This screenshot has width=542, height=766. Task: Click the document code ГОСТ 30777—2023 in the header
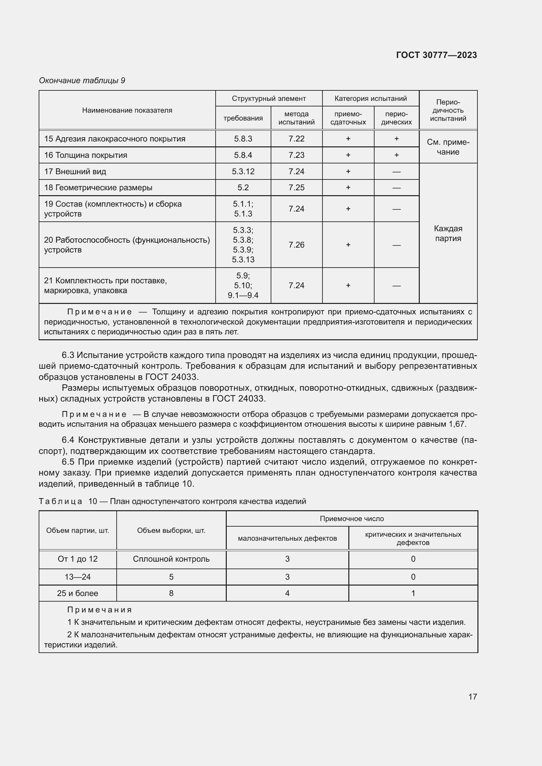coord(436,55)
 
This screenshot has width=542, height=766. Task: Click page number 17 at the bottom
coord(473,697)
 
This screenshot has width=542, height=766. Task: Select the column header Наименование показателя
coord(127,110)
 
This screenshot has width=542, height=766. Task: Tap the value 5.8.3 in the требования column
coord(243,139)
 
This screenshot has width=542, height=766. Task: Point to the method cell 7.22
coord(296,139)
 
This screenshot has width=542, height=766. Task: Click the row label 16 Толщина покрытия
coord(86,155)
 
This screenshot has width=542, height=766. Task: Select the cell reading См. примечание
coord(448,147)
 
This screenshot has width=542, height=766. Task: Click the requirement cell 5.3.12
coord(243,172)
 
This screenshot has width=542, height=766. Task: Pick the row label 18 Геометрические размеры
coord(98,188)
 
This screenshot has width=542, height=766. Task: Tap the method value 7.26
coord(296,245)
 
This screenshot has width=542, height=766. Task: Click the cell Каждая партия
coord(448,234)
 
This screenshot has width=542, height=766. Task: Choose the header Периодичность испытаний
coord(448,110)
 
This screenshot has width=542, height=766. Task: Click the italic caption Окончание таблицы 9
coord(82,81)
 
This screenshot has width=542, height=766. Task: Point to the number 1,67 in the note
coord(457,424)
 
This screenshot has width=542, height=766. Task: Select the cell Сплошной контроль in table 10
coord(171,559)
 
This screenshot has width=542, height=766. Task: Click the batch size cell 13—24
coord(77,577)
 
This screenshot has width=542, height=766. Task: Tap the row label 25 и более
coord(77,593)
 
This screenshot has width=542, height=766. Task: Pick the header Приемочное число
coord(352,519)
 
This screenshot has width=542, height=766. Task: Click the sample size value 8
coord(171,593)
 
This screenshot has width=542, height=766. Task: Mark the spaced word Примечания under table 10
coord(100,610)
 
